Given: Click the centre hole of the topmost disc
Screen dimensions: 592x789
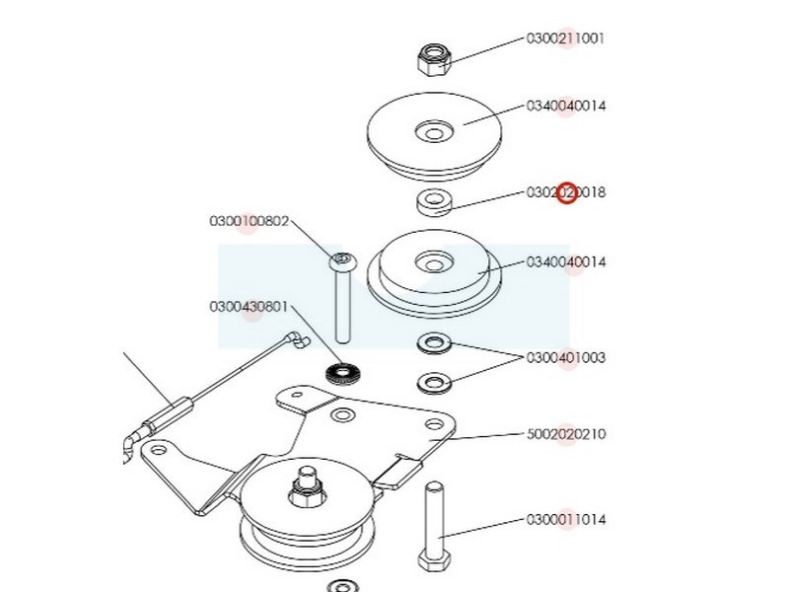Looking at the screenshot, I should click(x=432, y=130).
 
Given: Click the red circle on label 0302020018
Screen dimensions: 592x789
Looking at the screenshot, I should click(x=567, y=192).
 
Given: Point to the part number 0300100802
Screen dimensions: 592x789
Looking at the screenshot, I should click(x=249, y=221).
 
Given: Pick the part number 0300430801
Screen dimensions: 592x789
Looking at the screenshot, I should click(x=249, y=307).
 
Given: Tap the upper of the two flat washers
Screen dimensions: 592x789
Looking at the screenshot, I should click(x=433, y=344).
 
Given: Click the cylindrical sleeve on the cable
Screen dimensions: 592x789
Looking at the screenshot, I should click(x=166, y=411).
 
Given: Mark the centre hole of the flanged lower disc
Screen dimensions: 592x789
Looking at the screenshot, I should click(x=430, y=262).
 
